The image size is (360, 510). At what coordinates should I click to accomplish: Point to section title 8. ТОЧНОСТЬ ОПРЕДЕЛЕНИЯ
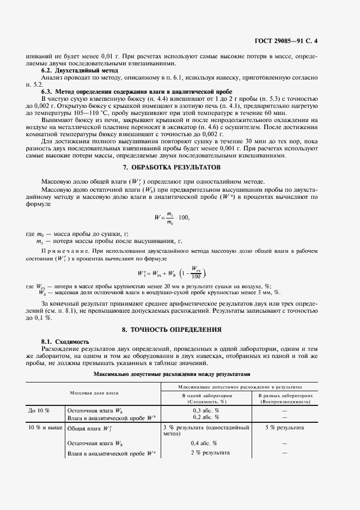[x=179, y=330]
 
